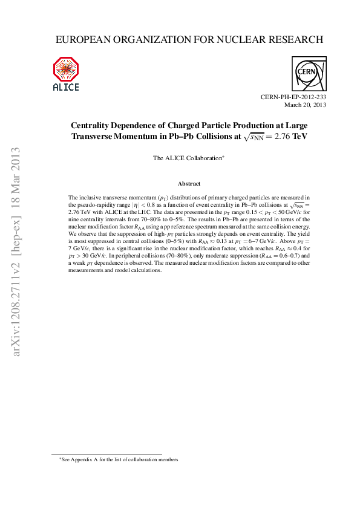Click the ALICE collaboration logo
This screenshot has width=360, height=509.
(66, 73)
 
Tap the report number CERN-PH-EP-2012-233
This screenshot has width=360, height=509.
(293, 97)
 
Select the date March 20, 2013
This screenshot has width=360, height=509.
(306, 105)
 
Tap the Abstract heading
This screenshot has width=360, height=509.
(189, 183)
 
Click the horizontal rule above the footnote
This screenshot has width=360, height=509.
(106, 455)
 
